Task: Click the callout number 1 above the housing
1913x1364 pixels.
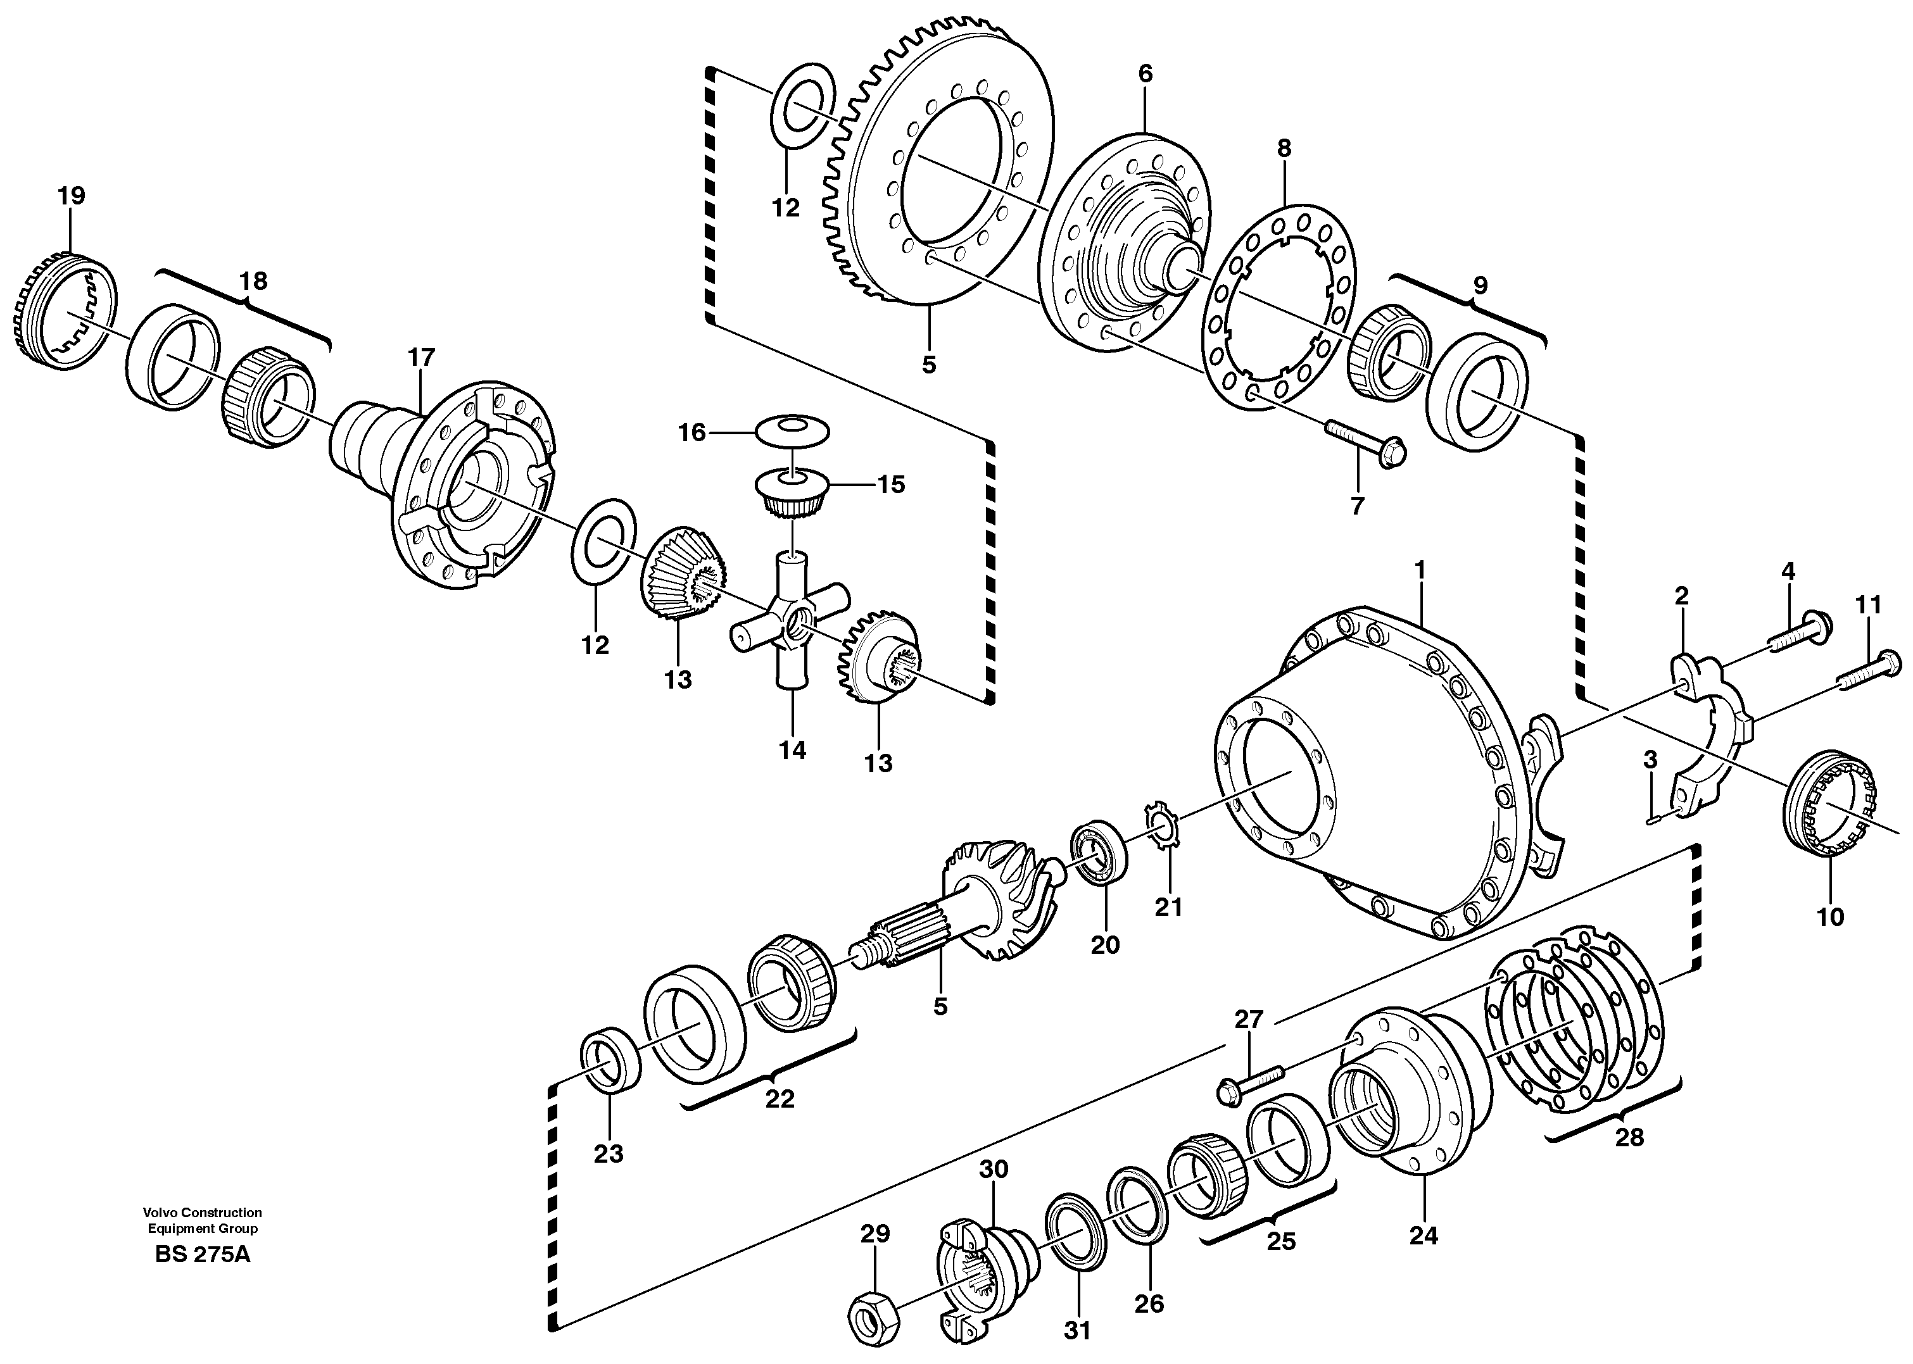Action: tap(1420, 570)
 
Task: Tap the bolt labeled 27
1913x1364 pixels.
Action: tap(1249, 1082)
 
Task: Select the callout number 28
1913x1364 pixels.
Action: tap(1629, 1138)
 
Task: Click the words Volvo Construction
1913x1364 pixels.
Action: tap(201, 1213)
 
